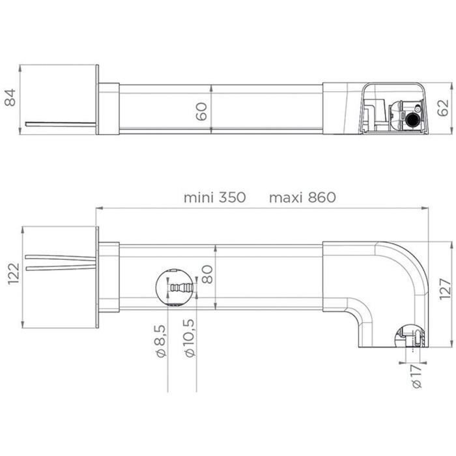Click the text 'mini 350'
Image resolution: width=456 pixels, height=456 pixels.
click(214, 197)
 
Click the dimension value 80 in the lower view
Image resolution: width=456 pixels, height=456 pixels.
click(207, 276)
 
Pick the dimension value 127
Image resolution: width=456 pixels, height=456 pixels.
click(444, 284)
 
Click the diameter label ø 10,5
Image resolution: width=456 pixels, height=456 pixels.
click(190, 339)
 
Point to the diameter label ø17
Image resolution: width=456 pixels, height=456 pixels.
click(417, 376)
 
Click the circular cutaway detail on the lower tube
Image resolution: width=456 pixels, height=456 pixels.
click(175, 287)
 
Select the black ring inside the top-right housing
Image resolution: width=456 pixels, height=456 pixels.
click(411, 121)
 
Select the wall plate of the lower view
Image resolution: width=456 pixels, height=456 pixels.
click(97, 276)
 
